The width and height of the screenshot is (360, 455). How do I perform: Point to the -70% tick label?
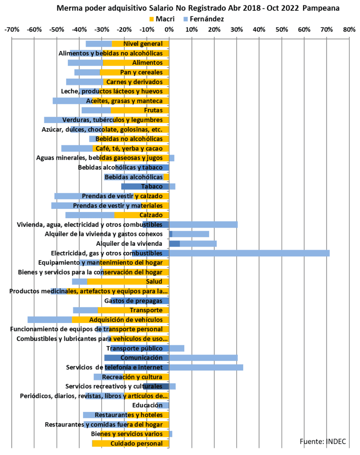point(12,30)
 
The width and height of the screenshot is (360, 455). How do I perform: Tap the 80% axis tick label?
point(349,30)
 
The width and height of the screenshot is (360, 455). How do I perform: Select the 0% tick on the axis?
point(169,30)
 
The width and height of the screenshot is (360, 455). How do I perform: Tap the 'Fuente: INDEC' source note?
point(323,441)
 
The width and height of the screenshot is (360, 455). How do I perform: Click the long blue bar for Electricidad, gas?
point(249,253)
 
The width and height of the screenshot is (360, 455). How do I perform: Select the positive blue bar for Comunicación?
point(203,358)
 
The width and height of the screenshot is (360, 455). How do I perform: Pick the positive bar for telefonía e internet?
point(206,367)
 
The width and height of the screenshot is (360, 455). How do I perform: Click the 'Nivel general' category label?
point(143,44)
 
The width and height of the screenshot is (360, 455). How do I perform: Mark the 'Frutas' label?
point(153,110)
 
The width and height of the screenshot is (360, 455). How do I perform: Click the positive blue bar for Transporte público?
point(177,348)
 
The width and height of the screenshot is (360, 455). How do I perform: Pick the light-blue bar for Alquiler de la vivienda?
point(198,243)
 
